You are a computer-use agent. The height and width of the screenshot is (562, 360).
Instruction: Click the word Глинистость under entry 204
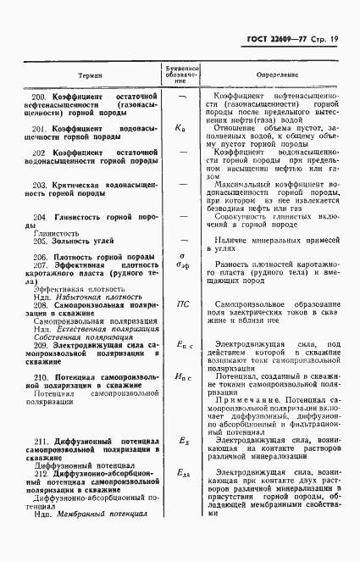58,230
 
